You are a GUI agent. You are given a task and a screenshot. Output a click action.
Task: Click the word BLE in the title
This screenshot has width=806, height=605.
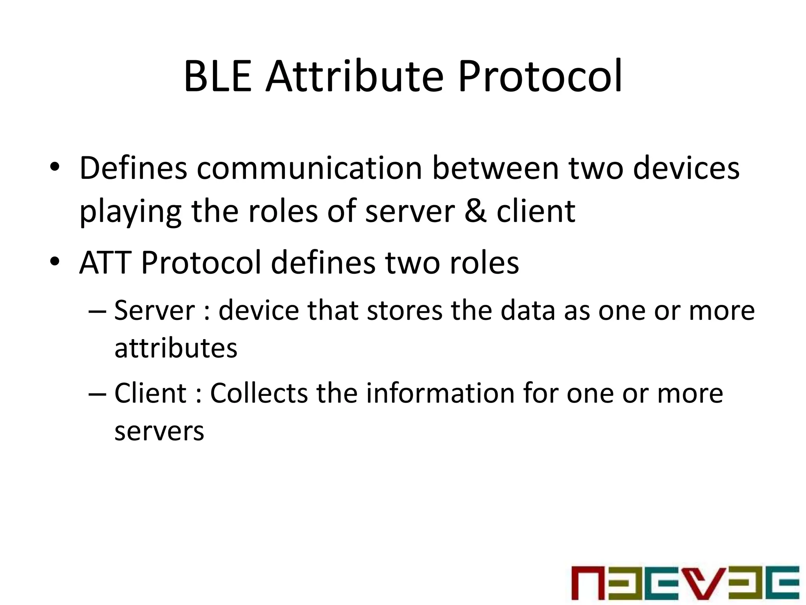point(218,76)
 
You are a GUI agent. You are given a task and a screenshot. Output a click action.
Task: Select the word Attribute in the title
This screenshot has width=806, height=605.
point(354,76)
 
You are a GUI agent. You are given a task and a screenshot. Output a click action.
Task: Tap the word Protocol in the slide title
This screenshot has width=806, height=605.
point(540,76)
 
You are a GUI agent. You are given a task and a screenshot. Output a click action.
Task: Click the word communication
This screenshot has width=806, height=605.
point(309,169)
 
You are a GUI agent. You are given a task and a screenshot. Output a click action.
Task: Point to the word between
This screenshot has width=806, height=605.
point(495,169)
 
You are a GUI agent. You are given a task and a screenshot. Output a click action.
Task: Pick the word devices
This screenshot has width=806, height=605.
point(686,169)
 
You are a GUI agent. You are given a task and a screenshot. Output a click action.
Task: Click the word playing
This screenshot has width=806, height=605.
point(130,212)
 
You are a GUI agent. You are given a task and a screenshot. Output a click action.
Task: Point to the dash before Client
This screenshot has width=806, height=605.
point(97,394)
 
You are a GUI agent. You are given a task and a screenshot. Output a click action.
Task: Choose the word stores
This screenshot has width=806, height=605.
point(405,310)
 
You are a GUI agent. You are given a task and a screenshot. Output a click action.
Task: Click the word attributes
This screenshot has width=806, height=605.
point(176,348)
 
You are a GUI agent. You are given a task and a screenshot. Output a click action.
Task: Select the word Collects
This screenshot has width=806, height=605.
point(259,393)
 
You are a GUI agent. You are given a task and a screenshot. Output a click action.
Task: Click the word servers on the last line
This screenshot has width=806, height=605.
point(159,432)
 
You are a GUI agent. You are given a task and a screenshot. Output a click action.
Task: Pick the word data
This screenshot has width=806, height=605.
point(528,310)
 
